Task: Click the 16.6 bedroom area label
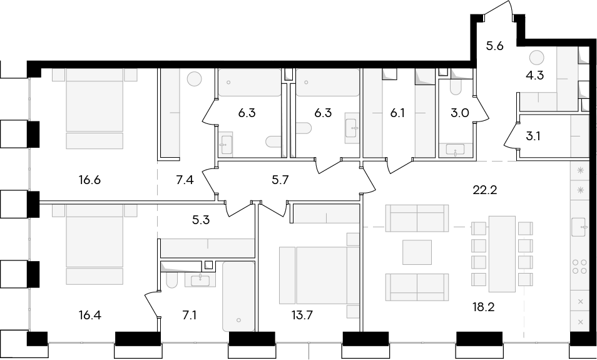tap(90, 180)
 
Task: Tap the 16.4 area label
tap(90, 316)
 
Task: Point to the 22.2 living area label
tap(485, 190)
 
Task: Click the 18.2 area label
tap(484, 307)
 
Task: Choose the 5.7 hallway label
tap(281, 180)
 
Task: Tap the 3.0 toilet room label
tap(459, 113)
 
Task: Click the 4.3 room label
tap(534, 76)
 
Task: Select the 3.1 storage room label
tap(533, 136)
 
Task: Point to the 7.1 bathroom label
tap(189, 316)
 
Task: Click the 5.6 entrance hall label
tap(494, 46)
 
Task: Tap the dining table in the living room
tap(503, 254)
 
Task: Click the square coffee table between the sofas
tap(417, 252)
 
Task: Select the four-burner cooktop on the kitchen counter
tap(579, 266)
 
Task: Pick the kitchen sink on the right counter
tap(579, 227)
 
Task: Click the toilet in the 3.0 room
tap(456, 87)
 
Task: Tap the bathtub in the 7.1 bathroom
tap(238, 296)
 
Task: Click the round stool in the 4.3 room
tap(536, 58)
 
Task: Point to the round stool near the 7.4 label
tap(194, 80)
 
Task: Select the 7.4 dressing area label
tap(185, 180)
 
